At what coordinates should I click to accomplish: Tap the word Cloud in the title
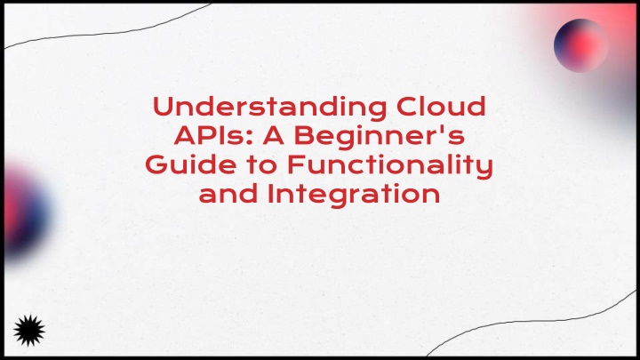[x=441, y=106]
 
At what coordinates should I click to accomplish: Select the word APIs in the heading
[x=210, y=135]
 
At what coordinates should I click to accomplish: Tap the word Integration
[x=354, y=195]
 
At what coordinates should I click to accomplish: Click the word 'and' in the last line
[x=228, y=194]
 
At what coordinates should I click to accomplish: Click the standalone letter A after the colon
[x=274, y=135]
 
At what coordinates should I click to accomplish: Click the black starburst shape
[x=29, y=331]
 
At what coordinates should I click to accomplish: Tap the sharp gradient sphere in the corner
[x=580, y=45]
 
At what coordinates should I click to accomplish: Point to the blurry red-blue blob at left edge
[x=25, y=212]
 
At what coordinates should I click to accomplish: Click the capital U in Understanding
[x=164, y=107]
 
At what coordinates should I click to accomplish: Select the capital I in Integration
[x=270, y=194]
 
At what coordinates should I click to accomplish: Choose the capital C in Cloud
[x=407, y=107]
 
